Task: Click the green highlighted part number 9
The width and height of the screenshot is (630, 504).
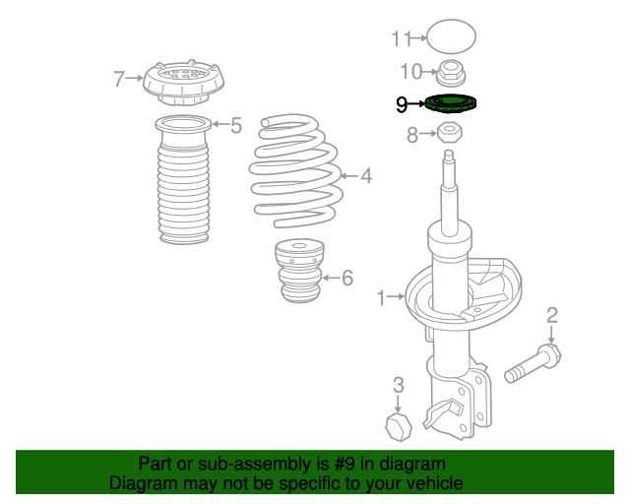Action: [451, 103]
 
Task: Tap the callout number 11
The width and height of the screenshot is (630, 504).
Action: [402, 39]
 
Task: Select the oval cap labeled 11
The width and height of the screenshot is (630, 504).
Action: [451, 36]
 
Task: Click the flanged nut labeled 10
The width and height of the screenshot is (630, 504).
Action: [451, 73]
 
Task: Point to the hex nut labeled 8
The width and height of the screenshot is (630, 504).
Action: [449, 132]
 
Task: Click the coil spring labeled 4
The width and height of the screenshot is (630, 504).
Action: [296, 170]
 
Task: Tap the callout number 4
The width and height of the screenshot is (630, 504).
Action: [366, 176]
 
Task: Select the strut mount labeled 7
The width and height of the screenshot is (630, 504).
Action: [184, 83]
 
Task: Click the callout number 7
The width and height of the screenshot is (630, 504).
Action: [119, 79]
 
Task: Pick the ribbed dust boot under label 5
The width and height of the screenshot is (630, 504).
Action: [184, 180]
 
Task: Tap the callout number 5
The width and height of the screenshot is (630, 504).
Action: [236, 125]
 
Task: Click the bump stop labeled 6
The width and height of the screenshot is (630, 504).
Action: [299, 271]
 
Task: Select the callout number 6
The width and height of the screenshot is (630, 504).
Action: [347, 278]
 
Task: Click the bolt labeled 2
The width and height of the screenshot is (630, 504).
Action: [533, 363]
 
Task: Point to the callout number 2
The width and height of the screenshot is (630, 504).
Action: [552, 316]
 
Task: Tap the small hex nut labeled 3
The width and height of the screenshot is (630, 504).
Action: [399, 426]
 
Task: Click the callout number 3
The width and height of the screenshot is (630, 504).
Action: [398, 385]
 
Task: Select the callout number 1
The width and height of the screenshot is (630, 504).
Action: [381, 298]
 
